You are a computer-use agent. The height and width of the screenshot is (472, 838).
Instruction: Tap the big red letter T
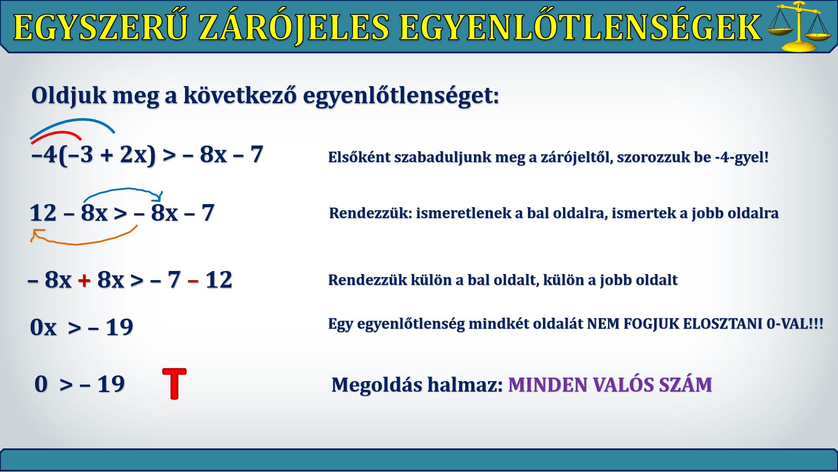pos(174,383)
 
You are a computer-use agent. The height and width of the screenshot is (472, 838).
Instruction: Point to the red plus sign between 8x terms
pos(84,280)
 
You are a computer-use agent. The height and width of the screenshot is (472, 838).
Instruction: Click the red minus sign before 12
pos(193,281)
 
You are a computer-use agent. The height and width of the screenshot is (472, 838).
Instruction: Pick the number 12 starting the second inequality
pos(43,213)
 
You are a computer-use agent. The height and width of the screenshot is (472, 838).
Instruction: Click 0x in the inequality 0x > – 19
pos(43,327)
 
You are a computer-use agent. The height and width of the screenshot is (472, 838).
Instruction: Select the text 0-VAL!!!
pos(795,324)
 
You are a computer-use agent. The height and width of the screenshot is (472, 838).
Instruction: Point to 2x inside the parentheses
pos(133,154)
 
